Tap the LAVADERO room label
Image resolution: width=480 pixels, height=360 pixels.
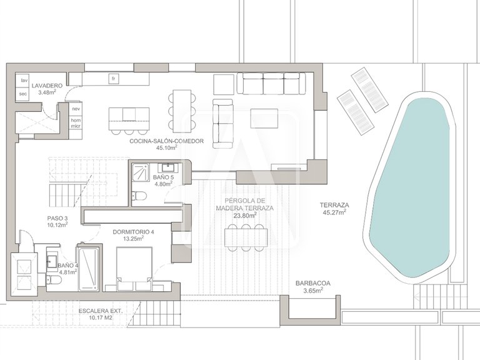click(47, 86)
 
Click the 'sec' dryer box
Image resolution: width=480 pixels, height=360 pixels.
click(22, 94)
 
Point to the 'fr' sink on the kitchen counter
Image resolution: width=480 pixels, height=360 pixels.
click(114, 79)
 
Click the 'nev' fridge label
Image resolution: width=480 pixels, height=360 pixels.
click(75, 109)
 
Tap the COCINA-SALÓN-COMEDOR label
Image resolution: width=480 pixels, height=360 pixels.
click(166, 141)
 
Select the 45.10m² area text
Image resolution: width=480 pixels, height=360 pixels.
click(166, 148)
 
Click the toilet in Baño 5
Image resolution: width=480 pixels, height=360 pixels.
click(139, 195)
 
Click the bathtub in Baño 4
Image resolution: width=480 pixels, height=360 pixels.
click(89, 269)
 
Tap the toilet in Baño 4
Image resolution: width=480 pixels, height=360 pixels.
click(52, 279)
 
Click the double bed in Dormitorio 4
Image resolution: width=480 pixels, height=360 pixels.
click(134, 269)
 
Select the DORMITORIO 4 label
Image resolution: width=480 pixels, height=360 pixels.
click(134, 232)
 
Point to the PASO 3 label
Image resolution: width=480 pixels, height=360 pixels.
click(57, 218)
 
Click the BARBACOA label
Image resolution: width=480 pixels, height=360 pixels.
click(313, 284)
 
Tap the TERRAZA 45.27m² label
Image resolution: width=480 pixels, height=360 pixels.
click(334, 209)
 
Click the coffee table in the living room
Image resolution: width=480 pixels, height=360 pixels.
click(264, 119)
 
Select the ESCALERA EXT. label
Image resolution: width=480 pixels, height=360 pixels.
click(101, 311)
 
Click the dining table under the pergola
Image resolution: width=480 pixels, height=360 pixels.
click(246, 238)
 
